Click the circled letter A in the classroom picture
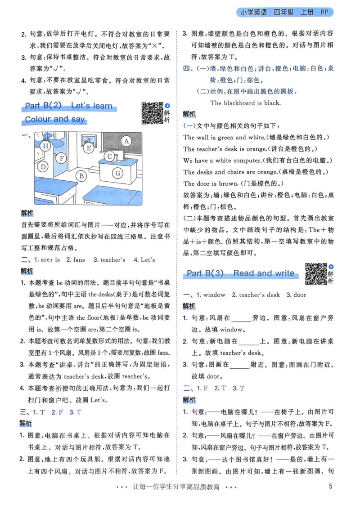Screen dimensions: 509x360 pyautogui.click(x=127, y=141)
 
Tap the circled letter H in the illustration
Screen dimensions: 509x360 pyautogui.click(x=45, y=146)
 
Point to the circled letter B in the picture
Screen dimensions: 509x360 pyautogui.click(x=81, y=176)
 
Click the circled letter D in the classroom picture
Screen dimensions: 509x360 pyautogui.click(x=43, y=167)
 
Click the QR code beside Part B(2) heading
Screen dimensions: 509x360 pyautogui.click(x=152, y=113)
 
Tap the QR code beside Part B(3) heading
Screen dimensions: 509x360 pyautogui.click(x=316, y=273)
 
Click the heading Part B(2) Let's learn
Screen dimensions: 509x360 pyautogui.click(x=68, y=107)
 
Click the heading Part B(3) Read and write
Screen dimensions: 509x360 pyautogui.click(x=240, y=273)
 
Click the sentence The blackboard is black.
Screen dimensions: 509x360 pyautogui.click(x=245, y=103)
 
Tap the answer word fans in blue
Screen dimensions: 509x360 pyautogui.click(x=79, y=259)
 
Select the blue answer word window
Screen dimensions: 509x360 pyautogui.click(x=214, y=295)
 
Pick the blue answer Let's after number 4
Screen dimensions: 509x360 pyautogui.click(x=148, y=259)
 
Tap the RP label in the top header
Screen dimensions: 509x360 pyautogui.click(x=325, y=12)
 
